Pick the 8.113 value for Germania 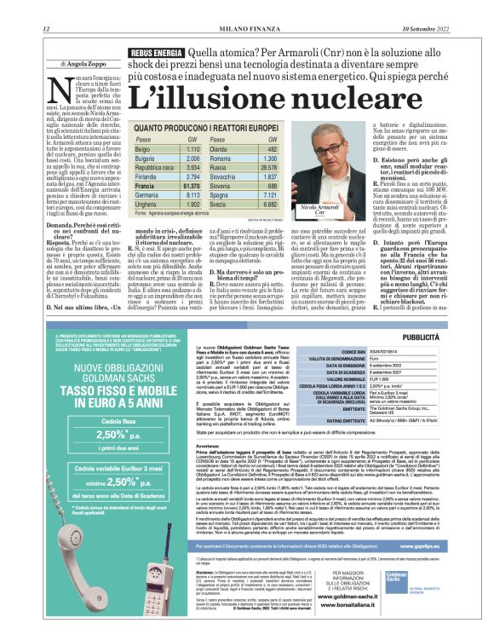click(215, 194)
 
